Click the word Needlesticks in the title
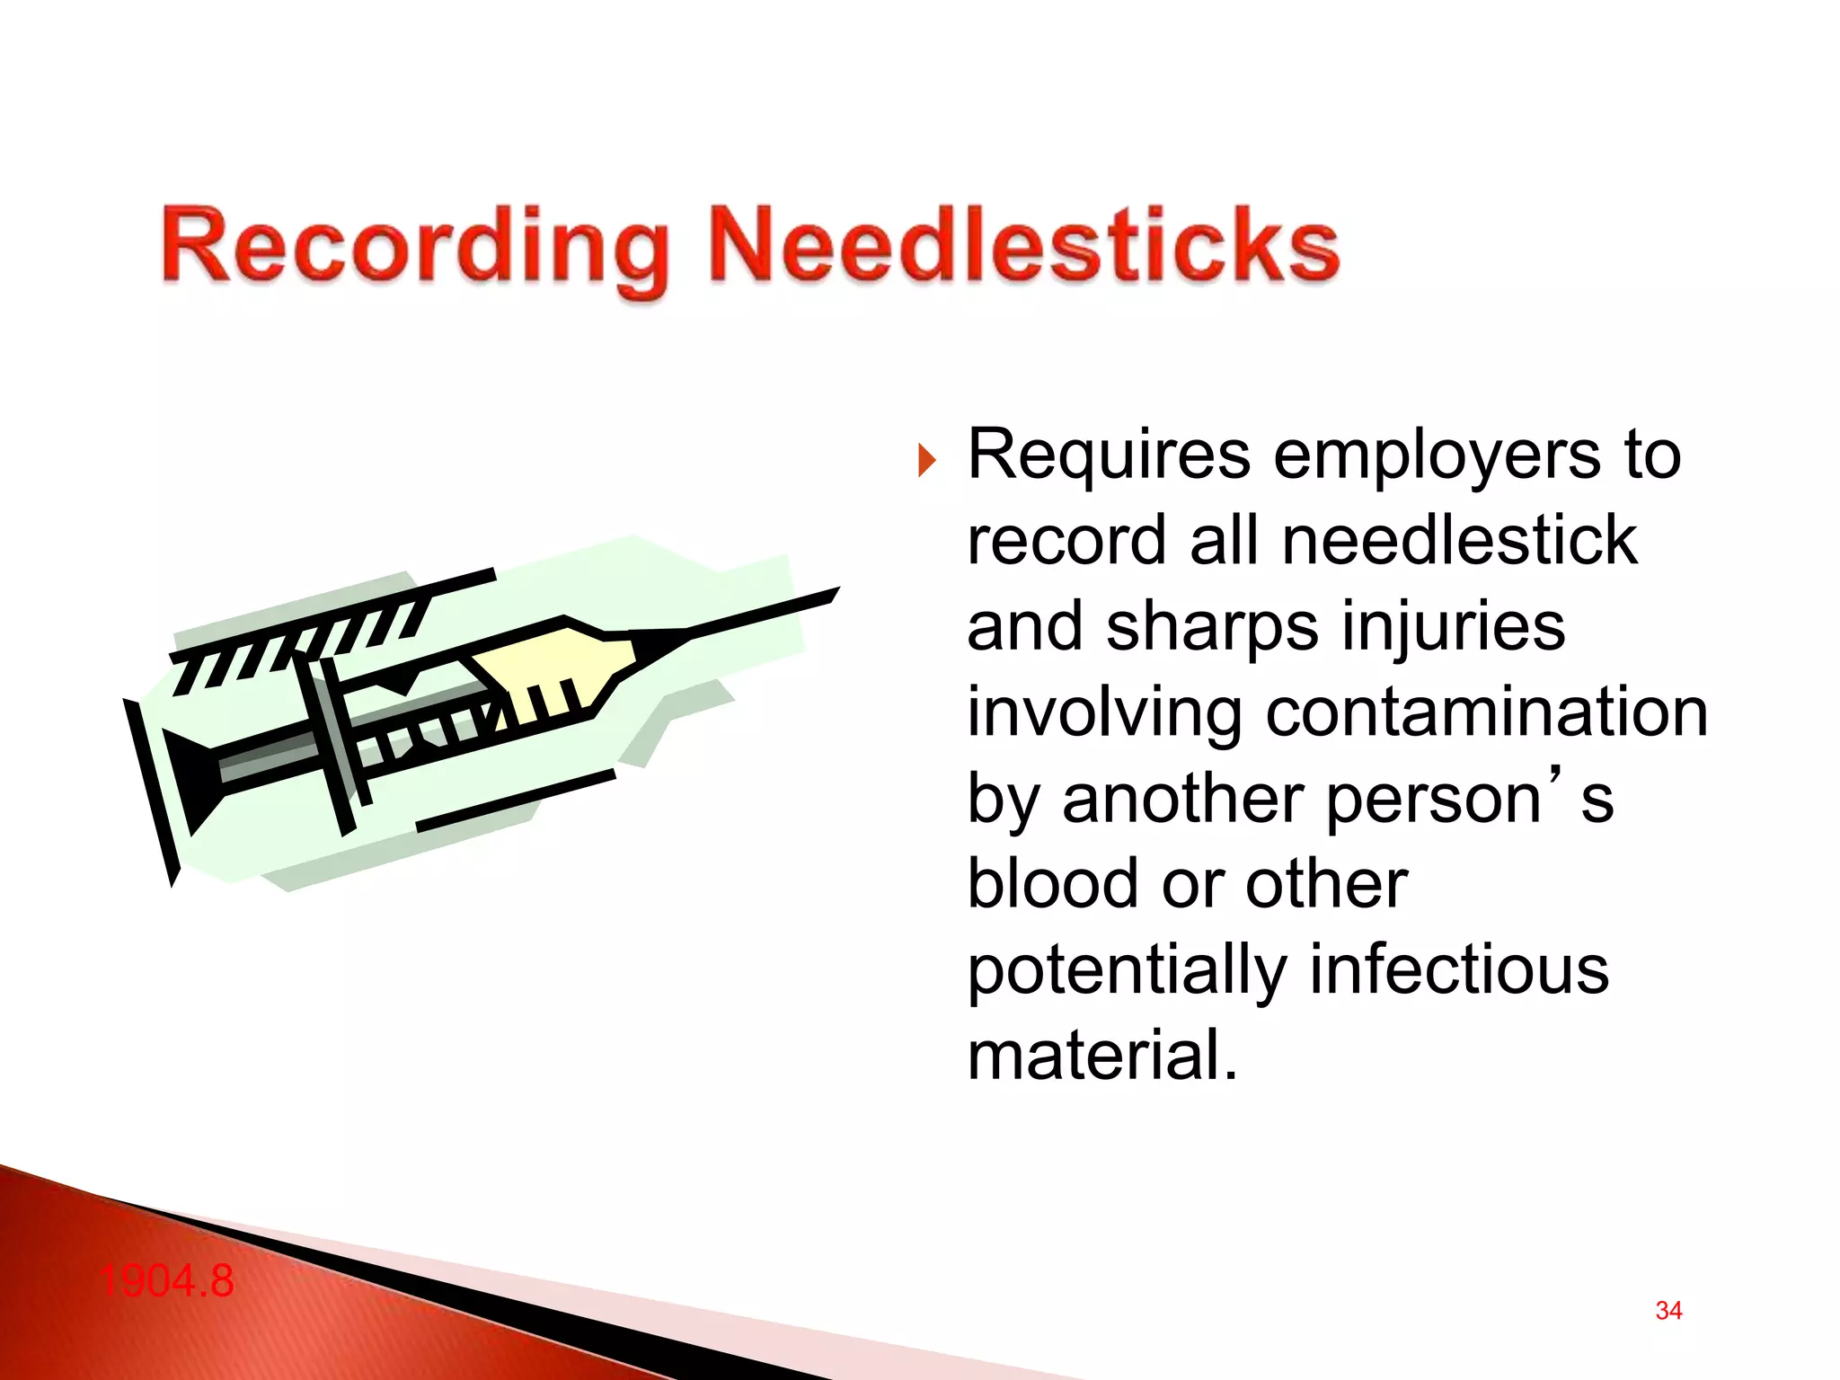coord(1024,244)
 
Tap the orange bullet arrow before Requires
coord(927,461)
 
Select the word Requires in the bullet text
coord(1109,455)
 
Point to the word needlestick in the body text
coord(1459,541)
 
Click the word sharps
coord(1212,626)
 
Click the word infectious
coord(1459,969)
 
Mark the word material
coord(1101,1055)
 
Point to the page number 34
coord(1668,1311)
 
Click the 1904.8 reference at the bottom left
coord(167,1280)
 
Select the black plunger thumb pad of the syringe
coord(151,791)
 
